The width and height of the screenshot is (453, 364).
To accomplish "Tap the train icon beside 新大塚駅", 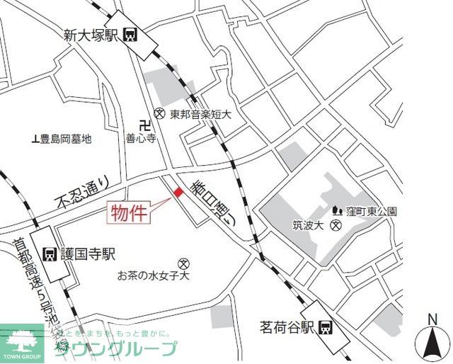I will (130, 34).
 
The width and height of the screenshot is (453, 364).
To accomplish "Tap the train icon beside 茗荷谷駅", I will (326, 326).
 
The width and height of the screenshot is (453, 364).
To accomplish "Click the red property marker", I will (177, 192).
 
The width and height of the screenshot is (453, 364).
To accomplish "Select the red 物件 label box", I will (129, 212).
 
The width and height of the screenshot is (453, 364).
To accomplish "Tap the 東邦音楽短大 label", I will (201, 113).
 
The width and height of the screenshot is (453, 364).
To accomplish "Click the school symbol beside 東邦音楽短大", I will (160, 113).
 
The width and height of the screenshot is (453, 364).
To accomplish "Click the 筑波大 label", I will (308, 227).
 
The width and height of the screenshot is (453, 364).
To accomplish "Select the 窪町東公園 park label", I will (371, 211).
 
